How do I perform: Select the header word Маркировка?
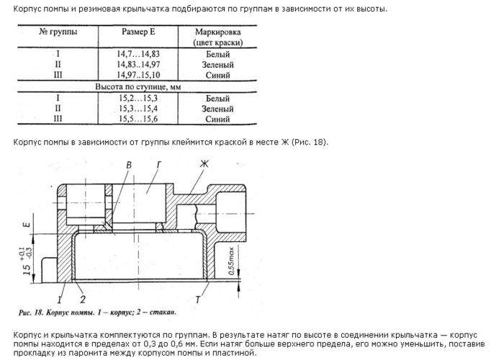217,32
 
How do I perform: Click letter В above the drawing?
128,166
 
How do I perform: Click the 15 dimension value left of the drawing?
26,271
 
